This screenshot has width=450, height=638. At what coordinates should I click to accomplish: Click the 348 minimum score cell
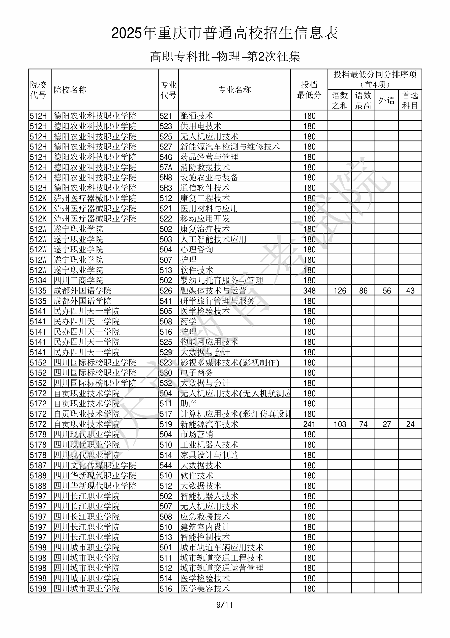tap(309, 291)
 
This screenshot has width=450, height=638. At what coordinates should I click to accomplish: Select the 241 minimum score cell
tap(309, 424)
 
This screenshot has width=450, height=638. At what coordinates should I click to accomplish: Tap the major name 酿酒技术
tap(197, 116)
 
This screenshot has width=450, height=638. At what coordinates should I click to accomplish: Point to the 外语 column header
tap(386, 100)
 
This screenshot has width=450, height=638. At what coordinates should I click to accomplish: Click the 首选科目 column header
tap(410, 100)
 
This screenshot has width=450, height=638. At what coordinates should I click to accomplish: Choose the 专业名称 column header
tap(234, 90)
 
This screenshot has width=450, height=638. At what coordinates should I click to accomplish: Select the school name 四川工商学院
tap(78, 280)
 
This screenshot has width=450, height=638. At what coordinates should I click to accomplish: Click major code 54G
tap(166, 157)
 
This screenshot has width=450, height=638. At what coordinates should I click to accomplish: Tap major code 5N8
tap(166, 178)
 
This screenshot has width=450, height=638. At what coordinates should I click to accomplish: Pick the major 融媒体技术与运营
tap(213, 291)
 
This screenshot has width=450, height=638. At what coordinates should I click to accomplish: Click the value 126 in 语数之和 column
tap(340, 291)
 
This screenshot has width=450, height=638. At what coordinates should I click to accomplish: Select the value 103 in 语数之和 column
tap(340, 424)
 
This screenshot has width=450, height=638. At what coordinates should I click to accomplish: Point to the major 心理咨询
tap(197, 250)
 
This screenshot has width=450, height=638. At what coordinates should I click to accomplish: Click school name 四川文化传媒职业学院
tap(95, 465)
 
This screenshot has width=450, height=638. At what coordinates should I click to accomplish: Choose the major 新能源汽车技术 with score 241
tap(209, 424)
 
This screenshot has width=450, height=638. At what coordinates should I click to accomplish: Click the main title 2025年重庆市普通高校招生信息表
tap(225, 33)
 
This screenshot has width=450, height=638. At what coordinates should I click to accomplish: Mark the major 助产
tap(188, 404)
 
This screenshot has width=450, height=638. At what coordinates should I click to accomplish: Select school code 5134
tap(38, 280)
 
